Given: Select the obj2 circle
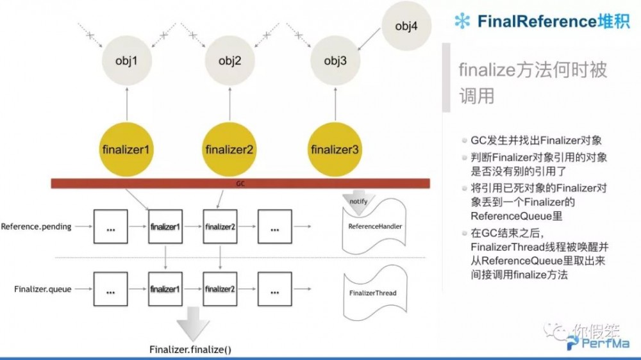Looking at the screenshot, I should tap(229, 61).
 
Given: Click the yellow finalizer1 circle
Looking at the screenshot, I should tap(126, 150).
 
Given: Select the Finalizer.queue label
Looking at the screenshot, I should tap(41, 290).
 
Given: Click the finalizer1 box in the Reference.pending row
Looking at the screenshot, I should tap(166, 227).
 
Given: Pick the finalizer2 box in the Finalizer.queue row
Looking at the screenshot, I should tap(220, 290).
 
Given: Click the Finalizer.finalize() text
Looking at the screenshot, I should tap(190, 349).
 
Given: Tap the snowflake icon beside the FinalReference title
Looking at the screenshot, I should tap(462, 21).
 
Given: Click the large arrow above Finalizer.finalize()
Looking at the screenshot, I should tap(190, 324).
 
